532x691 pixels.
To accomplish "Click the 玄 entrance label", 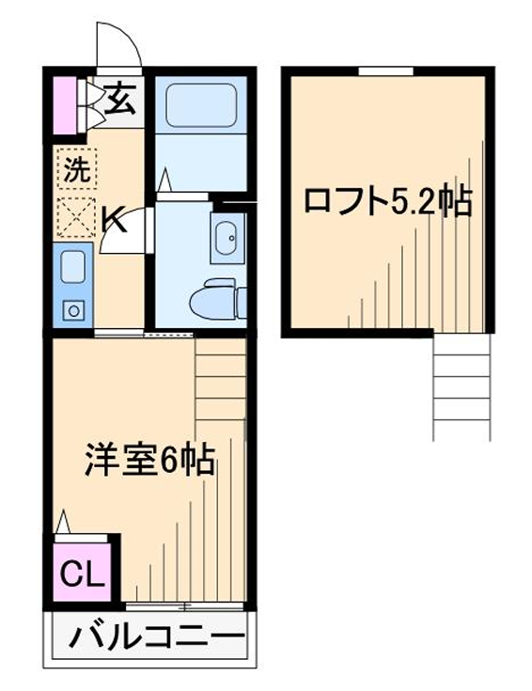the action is [x=120, y=101].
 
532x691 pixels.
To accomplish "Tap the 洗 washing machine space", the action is [x=77, y=169].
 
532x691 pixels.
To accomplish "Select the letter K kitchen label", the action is [x=114, y=219].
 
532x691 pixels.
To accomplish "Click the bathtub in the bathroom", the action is [x=201, y=104].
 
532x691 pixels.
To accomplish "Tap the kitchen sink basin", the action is [x=72, y=267].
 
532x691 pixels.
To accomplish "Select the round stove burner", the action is [x=73, y=311].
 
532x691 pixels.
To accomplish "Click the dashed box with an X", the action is [x=77, y=218].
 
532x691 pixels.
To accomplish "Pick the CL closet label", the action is [x=83, y=573].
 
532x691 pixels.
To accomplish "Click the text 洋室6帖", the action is [x=149, y=459].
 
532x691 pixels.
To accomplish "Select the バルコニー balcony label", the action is [x=157, y=636].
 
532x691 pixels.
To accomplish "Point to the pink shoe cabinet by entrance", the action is [x=65, y=105].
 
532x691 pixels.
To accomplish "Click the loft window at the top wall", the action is [x=386, y=71].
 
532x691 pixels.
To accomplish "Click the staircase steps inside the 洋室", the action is [x=220, y=380].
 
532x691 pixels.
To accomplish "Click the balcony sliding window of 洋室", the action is [x=184, y=606].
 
